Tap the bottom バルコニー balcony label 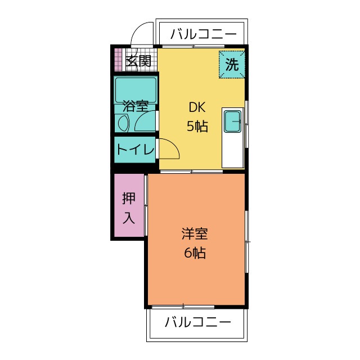(x=198, y=323)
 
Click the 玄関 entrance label (x=138, y=61)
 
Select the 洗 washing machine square (x=232, y=64)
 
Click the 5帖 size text (x=197, y=127)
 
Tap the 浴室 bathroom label (x=136, y=106)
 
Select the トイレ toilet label (x=135, y=150)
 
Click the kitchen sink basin (x=232, y=120)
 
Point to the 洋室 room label (x=195, y=234)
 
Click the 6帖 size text (x=195, y=253)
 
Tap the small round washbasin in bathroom (x=122, y=122)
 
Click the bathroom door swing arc (x=146, y=120)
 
